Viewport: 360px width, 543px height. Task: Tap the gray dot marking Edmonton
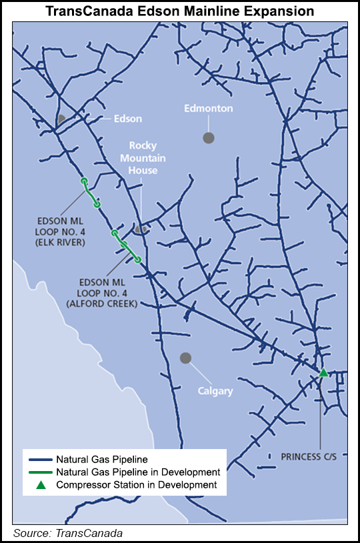[x=209, y=137]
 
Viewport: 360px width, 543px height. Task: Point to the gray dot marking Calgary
[x=186, y=358]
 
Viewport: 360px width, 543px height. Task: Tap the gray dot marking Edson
[x=61, y=119]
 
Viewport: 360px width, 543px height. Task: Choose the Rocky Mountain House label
[x=143, y=157]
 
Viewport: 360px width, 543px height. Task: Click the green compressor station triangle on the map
[x=323, y=372]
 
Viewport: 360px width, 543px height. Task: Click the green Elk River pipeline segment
[x=91, y=193]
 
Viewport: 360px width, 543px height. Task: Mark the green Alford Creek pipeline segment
[x=126, y=247]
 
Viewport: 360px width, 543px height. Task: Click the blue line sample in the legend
[x=41, y=459]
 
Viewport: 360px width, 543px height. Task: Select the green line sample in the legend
[x=41, y=472]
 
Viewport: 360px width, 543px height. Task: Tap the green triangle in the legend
[x=41, y=484]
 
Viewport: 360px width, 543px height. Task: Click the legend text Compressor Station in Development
[x=136, y=485]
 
